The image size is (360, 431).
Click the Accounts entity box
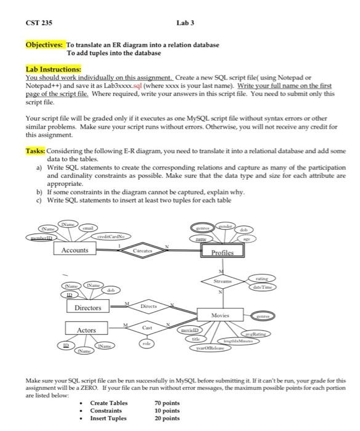click(75, 250)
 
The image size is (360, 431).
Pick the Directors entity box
click(88, 307)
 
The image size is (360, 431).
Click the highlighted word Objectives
click(44, 45)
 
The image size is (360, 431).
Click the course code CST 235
click(39, 23)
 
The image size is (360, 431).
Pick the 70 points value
click(167, 403)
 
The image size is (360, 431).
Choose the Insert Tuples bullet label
click(110, 418)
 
